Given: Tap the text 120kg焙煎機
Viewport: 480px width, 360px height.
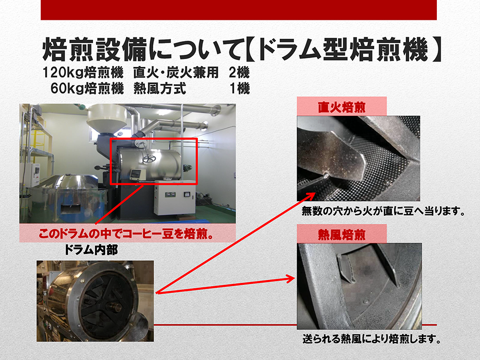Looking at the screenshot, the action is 83,73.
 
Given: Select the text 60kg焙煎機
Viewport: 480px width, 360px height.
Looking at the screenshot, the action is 87,88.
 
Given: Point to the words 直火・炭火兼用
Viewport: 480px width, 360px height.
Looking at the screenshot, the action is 176,73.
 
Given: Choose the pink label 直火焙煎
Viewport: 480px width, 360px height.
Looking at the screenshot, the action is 342,107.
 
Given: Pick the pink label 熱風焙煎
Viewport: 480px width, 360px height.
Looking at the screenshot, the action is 342,235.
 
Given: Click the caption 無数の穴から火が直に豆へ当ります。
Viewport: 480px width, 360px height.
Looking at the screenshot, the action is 383,211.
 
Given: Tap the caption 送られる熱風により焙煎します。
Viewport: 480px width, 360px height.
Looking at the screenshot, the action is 371,339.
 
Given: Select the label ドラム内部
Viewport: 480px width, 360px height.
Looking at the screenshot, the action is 91,250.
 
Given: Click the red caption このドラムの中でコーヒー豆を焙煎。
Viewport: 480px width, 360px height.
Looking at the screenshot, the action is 127,234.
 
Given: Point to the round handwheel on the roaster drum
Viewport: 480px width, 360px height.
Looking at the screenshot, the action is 149,159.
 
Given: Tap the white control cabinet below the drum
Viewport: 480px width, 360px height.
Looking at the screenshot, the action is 175,198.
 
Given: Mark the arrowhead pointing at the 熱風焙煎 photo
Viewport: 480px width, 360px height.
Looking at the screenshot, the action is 290,279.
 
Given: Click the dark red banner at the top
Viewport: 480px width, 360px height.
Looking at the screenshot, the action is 239,10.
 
